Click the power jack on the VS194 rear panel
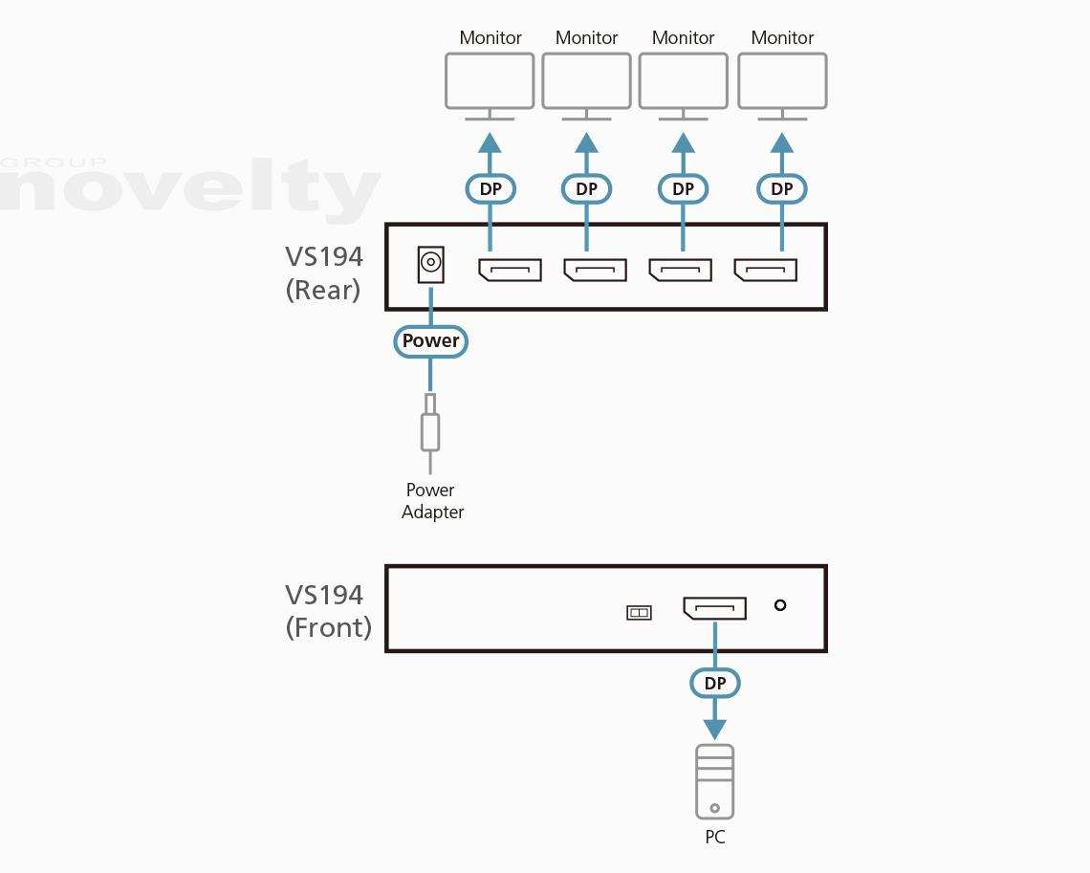pos(431,264)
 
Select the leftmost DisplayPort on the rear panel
pos(510,270)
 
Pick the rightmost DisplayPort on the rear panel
pos(765,270)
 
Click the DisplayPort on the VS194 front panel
pos(714,608)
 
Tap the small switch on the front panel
pos(639,612)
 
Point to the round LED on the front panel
pos(780,604)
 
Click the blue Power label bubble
pos(430,341)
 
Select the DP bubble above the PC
pos(715,684)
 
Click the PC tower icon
pos(715,781)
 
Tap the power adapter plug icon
pos(430,429)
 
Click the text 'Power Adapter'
pos(432,501)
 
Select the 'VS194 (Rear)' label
pos(324,273)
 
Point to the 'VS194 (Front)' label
pos(328,610)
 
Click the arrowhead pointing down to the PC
pos(715,730)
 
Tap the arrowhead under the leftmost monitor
pos(490,144)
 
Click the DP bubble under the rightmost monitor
pos(782,189)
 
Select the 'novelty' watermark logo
pos(191,187)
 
